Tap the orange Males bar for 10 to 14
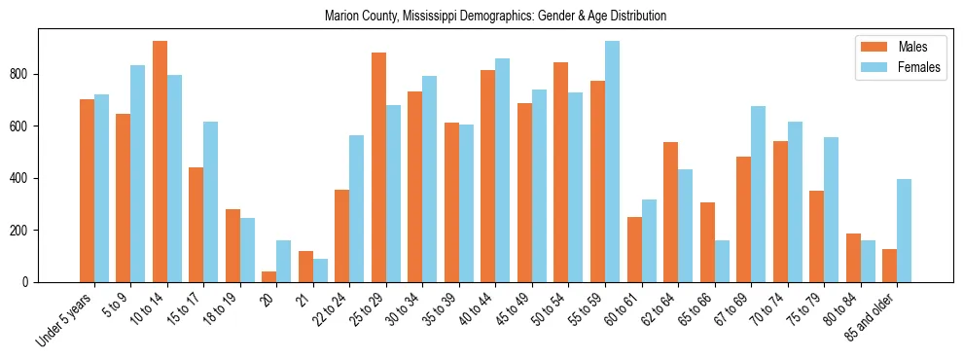(160, 162)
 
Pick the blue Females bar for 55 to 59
(612, 162)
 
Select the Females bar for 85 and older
(904, 231)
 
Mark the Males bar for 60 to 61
(634, 249)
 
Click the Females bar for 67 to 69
(758, 194)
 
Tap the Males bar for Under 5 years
(87, 191)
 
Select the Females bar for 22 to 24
(357, 208)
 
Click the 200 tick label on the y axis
(25, 231)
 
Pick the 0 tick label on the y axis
(29, 282)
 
